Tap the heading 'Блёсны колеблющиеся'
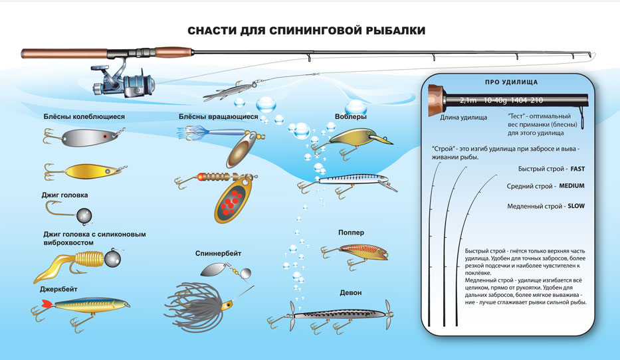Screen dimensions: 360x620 point(84,117)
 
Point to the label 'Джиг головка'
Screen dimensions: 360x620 point(64,195)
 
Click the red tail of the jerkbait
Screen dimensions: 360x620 point(45,304)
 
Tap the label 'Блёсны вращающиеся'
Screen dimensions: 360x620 point(218,117)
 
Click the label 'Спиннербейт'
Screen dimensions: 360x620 point(219,254)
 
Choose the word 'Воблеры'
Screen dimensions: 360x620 point(351,117)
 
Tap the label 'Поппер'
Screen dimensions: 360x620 point(351,232)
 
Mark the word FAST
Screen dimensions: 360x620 point(572,169)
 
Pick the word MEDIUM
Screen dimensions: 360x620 point(571,186)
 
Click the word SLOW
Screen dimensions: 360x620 point(575,206)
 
